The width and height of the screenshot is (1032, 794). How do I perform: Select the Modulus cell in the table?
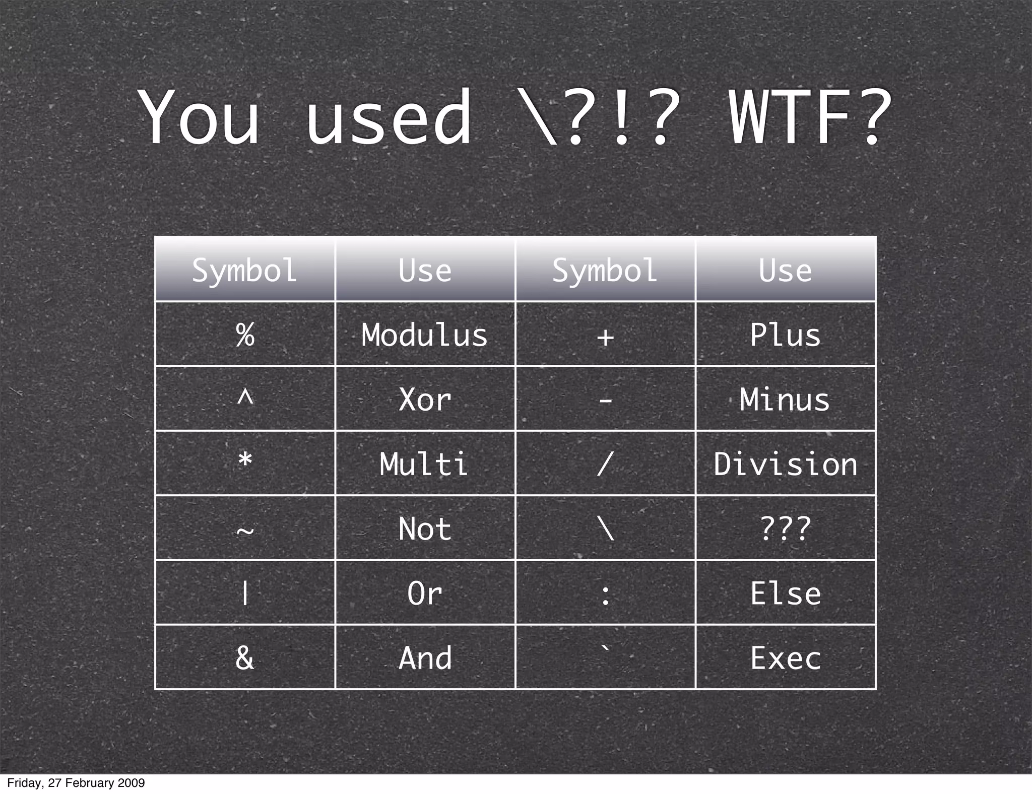tap(425, 335)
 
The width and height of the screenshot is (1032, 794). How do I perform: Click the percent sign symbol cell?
tap(245, 335)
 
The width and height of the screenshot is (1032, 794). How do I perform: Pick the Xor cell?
tap(425, 400)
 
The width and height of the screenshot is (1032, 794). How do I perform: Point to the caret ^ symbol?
tap(245, 398)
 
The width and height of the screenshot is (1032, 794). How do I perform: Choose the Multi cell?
tap(425, 464)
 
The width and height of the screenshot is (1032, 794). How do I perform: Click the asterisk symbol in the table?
tap(245, 460)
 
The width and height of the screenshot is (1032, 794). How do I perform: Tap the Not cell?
tap(425, 528)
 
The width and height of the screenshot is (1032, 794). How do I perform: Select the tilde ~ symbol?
tap(245, 531)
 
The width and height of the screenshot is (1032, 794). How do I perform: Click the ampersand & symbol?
tap(245, 657)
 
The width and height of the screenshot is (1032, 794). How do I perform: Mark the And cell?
tap(425, 657)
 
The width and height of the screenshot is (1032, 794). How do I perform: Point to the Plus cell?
tap(785, 335)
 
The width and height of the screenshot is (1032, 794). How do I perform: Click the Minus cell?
tap(785, 400)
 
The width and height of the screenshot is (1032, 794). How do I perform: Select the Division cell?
tap(785, 464)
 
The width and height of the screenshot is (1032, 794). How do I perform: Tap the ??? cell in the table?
tap(785, 528)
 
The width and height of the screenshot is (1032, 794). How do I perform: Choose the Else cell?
tap(785, 593)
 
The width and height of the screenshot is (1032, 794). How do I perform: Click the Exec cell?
tap(785, 657)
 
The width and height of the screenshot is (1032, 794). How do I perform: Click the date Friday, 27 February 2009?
tap(76, 783)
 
